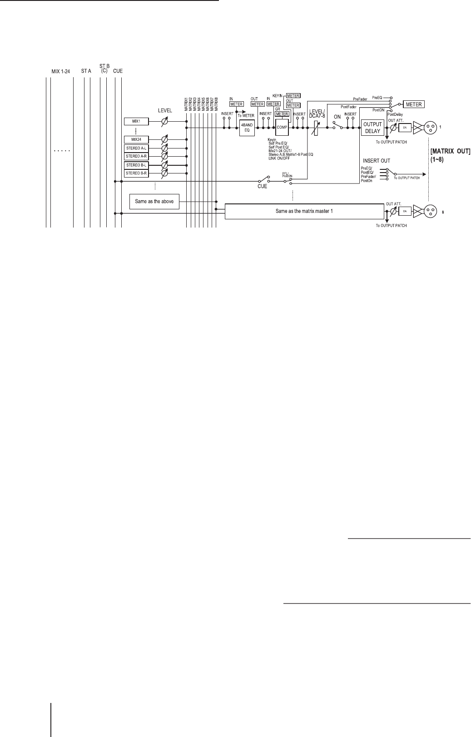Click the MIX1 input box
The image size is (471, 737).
click(136, 122)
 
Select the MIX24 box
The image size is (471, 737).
click(136, 139)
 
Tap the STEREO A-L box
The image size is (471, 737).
click(136, 148)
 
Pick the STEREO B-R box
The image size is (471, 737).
click(136, 173)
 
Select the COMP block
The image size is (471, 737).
click(282, 127)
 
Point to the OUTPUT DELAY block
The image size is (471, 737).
click(372, 128)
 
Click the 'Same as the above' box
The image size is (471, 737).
click(154, 201)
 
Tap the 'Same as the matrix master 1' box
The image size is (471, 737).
click(305, 211)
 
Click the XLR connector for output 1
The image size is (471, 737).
click(429, 128)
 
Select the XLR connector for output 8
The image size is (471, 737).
click(429, 211)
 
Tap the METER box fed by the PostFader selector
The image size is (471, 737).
click(414, 104)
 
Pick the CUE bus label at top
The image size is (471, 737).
click(118, 71)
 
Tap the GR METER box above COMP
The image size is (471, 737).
click(282, 114)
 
